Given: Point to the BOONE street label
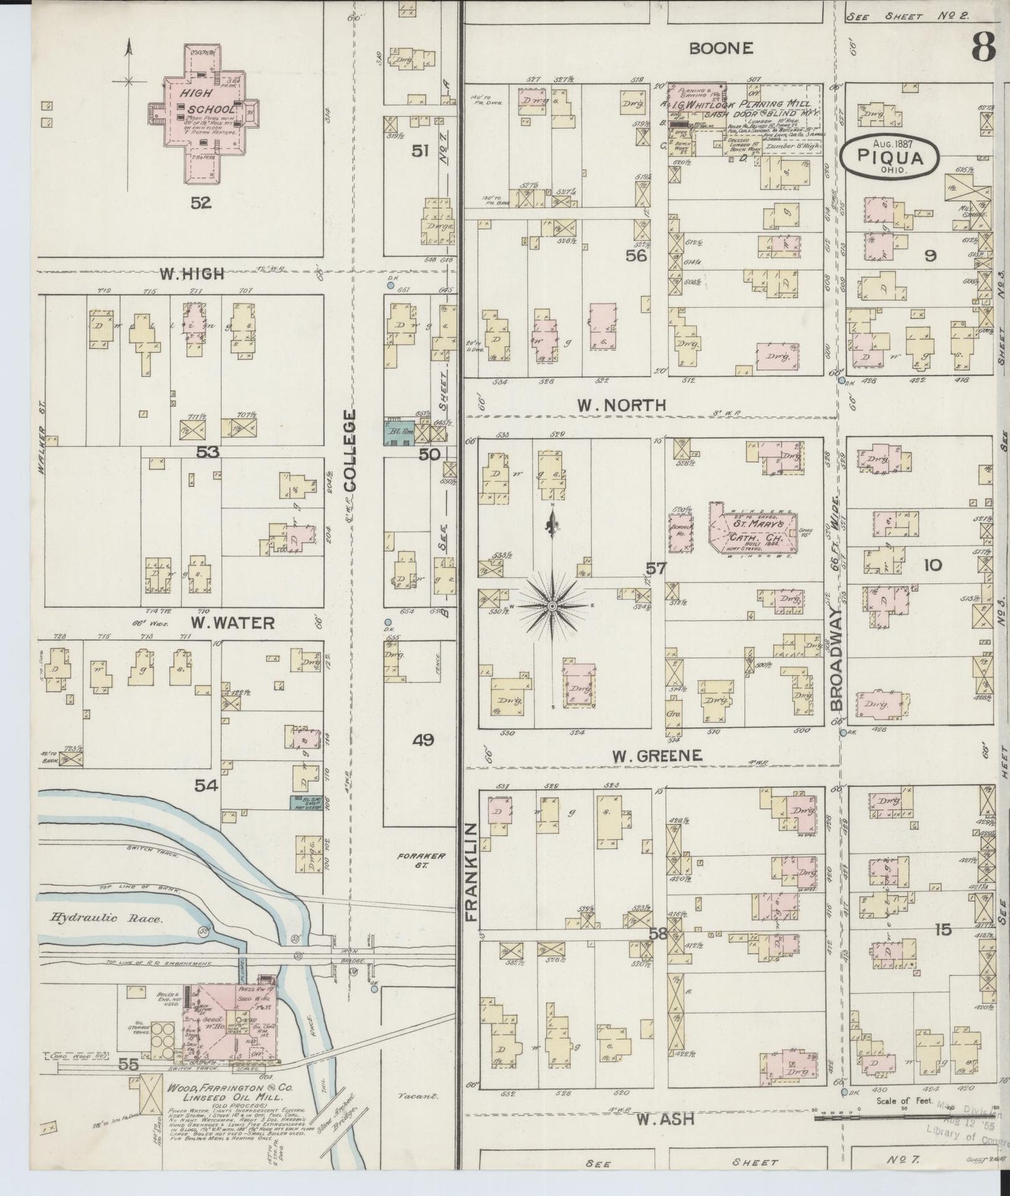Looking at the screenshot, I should [721, 48].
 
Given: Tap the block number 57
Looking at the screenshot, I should [655, 569].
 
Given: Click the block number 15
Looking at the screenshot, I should [942, 930].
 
